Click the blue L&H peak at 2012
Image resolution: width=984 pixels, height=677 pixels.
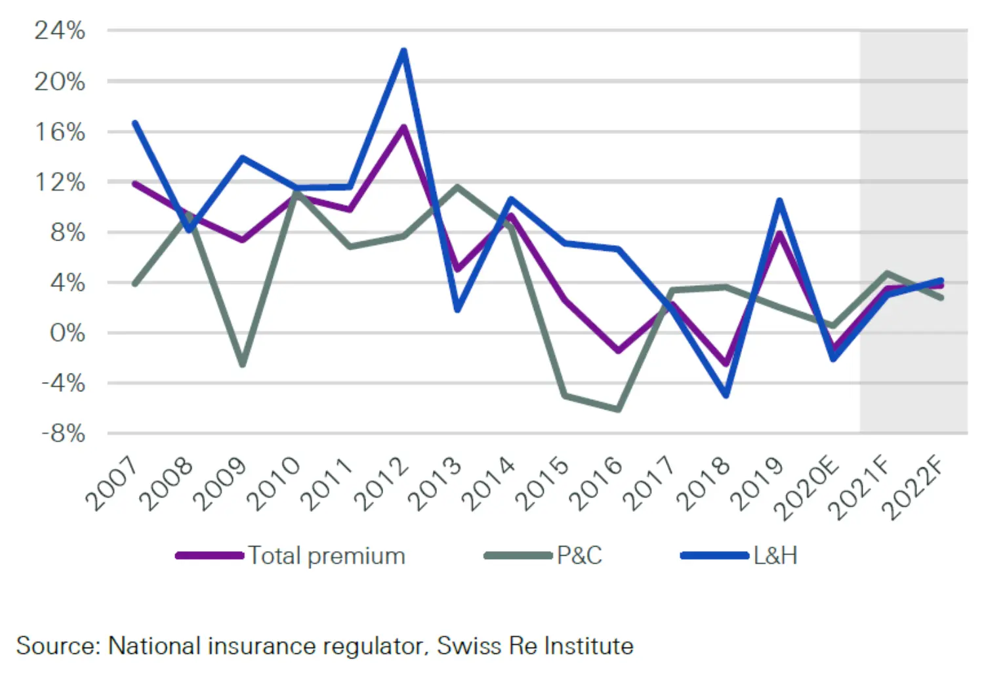[x=403, y=50]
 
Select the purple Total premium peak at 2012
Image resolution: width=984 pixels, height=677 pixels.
[x=403, y=127]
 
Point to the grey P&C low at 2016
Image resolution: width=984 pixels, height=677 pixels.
[x=618, y=409]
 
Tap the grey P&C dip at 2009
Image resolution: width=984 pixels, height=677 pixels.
[x=242, y=364]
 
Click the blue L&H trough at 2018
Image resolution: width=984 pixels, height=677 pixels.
[x=726, y=395]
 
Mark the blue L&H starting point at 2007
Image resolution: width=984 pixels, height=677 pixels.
[x=134, y=123]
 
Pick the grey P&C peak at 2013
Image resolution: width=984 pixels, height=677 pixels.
[x=457, y=187]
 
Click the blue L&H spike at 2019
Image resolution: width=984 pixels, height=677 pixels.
[x=779, y=201]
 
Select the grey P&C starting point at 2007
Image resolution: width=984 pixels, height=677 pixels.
[x=134, y=284]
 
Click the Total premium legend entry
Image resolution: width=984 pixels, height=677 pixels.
[x=326, y=556]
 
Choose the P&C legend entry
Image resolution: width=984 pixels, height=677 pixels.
[x=579, y=556]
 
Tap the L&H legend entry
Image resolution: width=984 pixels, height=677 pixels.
[x=775, y=556]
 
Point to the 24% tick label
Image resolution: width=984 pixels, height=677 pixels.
[x=60, y=31]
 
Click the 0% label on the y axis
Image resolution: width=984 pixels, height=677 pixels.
[x=67, y=333]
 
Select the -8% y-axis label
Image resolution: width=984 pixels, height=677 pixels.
[x=63, y=433]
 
